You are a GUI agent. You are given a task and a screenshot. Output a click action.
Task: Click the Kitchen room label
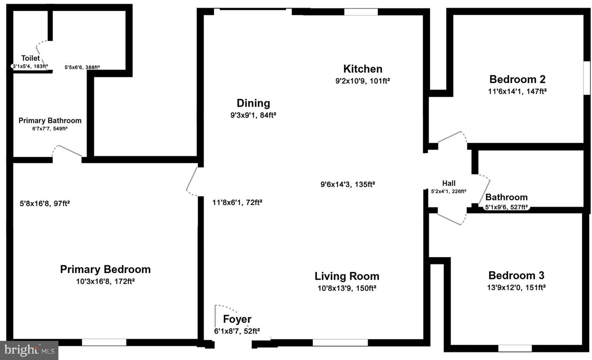(x=363, y=69)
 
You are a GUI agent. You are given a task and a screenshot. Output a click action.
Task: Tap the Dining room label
(x=253, y=103)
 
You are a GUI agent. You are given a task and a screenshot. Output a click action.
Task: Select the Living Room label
(x=347, y=276)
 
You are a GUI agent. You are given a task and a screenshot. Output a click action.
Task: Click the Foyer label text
(x=237, y=319)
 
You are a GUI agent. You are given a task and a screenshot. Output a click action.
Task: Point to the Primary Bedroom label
(x=105, y=269)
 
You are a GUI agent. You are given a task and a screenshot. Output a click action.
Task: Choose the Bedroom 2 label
(x=517, y=79)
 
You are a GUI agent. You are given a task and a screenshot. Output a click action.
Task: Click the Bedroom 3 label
(x=516, y=275)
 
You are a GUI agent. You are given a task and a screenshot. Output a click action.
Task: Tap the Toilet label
(x=30, y=58)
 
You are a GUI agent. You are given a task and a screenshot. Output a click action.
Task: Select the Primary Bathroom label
(x=50, y=121)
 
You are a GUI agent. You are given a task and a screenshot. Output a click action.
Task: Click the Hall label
(x=449, y=183)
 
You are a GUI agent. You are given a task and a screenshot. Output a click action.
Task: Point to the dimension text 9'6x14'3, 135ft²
(x=347, y=184)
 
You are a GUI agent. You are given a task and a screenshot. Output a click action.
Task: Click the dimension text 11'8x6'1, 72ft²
(x=237, y=202)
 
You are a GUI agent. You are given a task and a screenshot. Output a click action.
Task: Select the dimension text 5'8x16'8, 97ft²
(x=45, y=203)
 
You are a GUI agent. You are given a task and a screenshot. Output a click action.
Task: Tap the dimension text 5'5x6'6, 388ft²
(x=82, y=67)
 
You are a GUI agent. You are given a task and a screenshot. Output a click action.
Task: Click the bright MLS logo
(x=29, y=350)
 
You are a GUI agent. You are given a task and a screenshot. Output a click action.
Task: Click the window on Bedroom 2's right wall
(x=587, y=78)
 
